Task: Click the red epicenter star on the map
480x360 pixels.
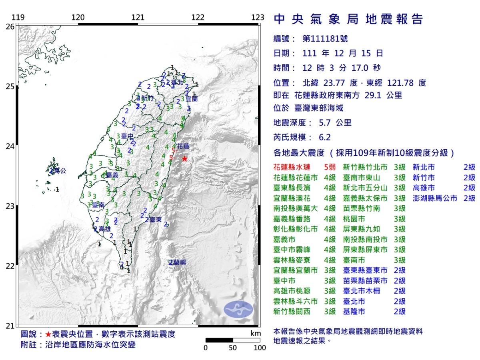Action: [184, 159]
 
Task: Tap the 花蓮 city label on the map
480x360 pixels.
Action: [182, 146]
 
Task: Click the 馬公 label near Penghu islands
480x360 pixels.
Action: [59, 171]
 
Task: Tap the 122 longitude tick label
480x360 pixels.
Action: [198, 18]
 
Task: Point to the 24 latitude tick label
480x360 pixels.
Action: [10, 146]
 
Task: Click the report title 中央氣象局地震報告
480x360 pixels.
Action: [348, 19]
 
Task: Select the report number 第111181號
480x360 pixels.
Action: [325, 39]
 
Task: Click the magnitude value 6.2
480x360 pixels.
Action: [325, 137]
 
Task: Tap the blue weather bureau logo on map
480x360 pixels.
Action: [238, 308]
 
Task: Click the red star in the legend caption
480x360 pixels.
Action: [48, 334]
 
